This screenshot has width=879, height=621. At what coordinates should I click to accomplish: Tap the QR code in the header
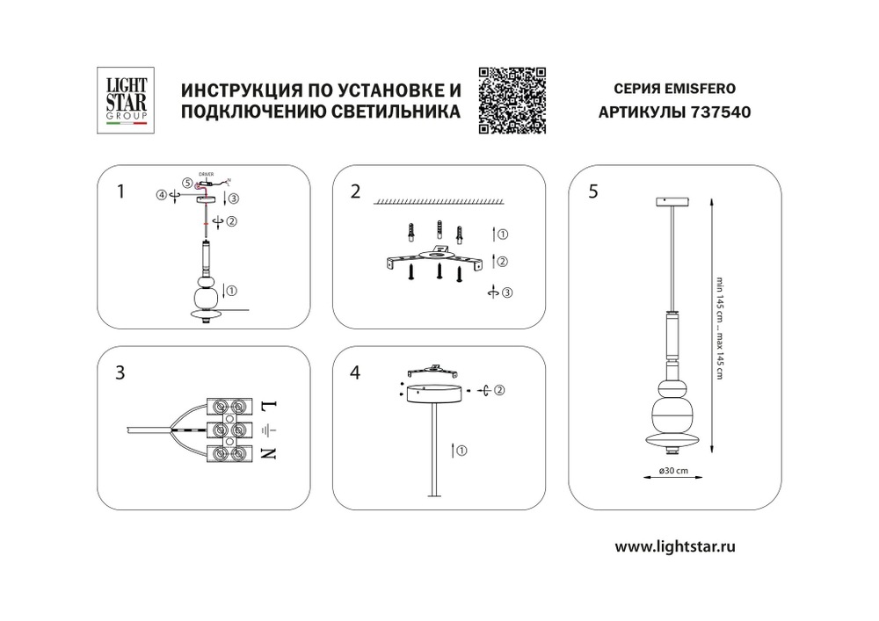click(512, 100)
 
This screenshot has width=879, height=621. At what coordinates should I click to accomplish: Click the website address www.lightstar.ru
click(674, 545)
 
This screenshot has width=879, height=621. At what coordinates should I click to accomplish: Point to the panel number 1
click(121, 191)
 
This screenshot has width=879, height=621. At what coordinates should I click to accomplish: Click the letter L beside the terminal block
click(270, 406)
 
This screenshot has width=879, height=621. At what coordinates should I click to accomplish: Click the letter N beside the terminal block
click(270, 454)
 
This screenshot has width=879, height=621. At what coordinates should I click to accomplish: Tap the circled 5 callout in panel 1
click(187, 183)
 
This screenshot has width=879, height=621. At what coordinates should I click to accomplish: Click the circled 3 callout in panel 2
click(505, 293)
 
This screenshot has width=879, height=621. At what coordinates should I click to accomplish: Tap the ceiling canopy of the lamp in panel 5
click(672, 202)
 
